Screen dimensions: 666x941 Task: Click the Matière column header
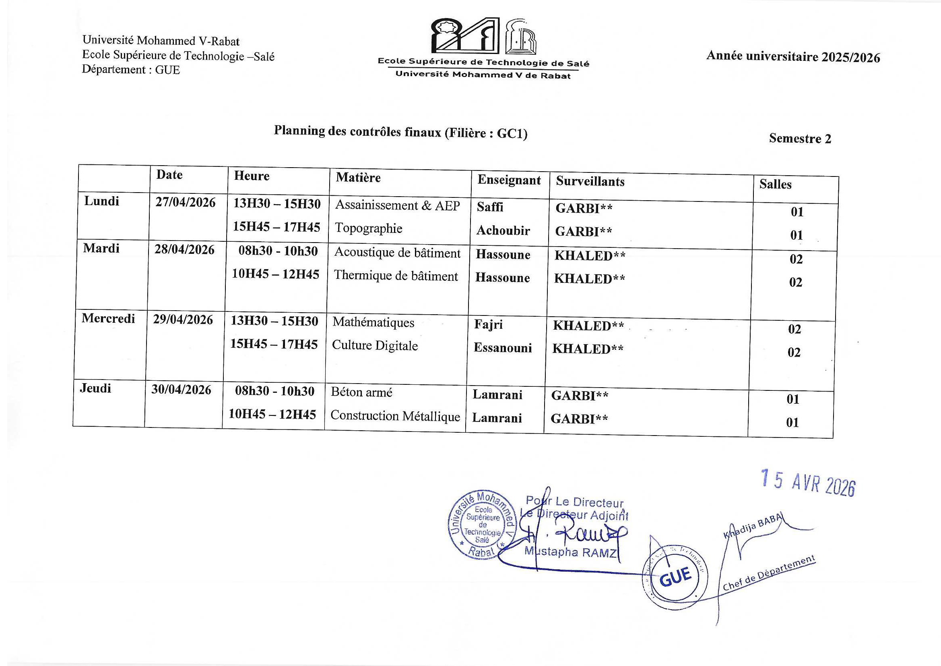tap(358, 177)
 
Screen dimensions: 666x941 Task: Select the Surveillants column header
tap(590, 181)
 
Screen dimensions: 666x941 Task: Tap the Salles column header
tap(775, 184)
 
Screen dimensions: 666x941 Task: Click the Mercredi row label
tap(108, 318)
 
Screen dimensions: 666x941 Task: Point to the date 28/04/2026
tap(184, 249)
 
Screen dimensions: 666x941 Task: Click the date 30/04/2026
tap(181, 390)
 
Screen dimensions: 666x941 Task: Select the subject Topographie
tap(368, 228)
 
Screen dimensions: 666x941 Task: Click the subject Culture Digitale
tap(375, 346)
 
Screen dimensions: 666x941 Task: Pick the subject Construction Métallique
tap(395, 416)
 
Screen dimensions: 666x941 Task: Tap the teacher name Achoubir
tap(503, 230)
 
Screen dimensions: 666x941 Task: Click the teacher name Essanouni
tap(502, 348)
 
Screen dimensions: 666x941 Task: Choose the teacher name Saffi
tap(490, 207)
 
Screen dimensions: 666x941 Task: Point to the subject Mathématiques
tap(374, 323)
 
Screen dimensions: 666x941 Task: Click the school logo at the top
tap(484, 37)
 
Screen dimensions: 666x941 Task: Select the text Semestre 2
tap(800, 139)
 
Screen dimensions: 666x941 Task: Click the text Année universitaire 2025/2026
tap(792, 57)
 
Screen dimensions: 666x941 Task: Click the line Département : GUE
tap(131, 70)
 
